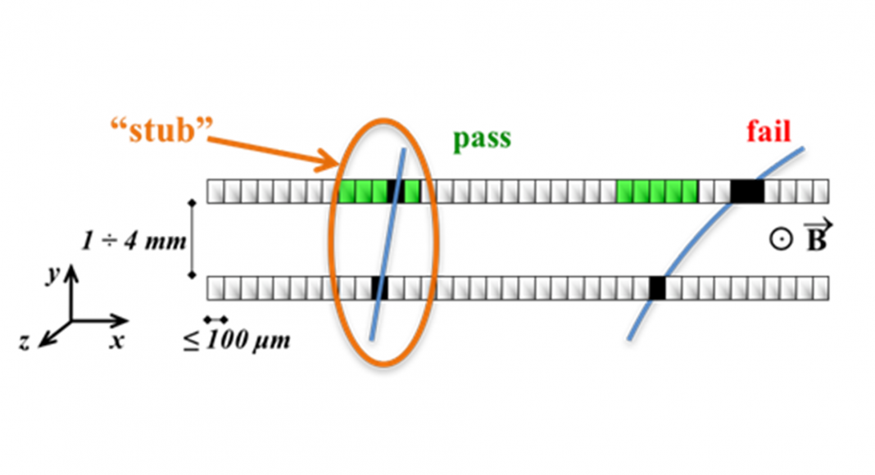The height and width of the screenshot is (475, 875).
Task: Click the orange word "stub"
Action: click(x=162, y=132)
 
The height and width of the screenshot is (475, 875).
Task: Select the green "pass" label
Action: click(x=482, y=139)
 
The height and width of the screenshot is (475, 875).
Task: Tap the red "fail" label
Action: click(x=769, y=132)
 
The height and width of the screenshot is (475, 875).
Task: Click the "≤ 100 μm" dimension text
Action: click(x=237, y=340)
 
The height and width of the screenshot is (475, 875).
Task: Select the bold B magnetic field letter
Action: click(x=817, y=237)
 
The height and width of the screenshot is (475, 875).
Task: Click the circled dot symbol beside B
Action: click(x=781, y=240)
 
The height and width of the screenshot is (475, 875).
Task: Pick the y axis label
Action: click(x=53, y=274)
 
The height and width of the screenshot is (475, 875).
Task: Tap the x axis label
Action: click(x=116, y=340)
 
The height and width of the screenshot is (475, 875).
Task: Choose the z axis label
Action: click(x=24, y=342)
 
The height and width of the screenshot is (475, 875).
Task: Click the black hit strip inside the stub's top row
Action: click(x=396, y=191)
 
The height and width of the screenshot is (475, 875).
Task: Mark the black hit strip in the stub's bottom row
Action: click(x=379, y=288)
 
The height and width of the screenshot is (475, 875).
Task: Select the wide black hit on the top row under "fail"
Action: click(x=747, y=191)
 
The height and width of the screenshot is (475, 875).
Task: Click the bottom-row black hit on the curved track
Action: click(x=658, y=288)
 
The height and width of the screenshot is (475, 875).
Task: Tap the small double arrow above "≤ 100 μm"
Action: click(x=216, y=319)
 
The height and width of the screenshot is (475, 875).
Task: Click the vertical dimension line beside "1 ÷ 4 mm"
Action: click(x=193, y=239)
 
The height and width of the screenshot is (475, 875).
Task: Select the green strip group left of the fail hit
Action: click(x=657, y=191)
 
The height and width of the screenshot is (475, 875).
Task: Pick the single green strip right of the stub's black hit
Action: click(x=412, y=191)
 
